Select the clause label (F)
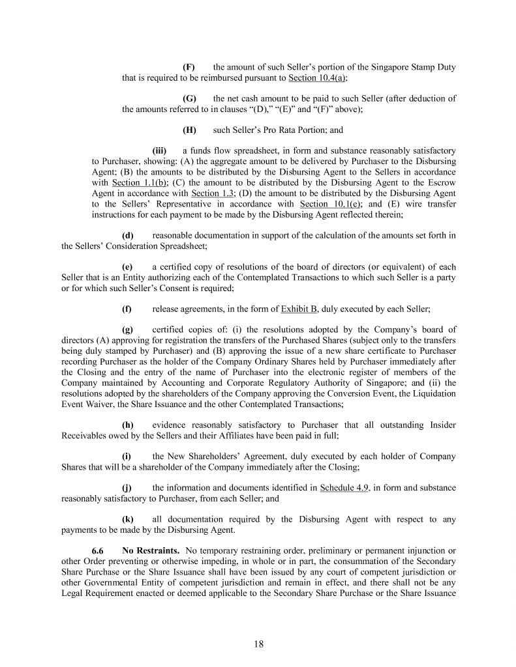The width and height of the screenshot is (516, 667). tap(188, 67)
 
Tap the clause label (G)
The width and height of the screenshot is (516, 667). tap(189, 98)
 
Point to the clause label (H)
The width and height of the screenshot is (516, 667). tap(189, 130)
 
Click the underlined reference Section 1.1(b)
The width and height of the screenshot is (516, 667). tap(135, 182)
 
